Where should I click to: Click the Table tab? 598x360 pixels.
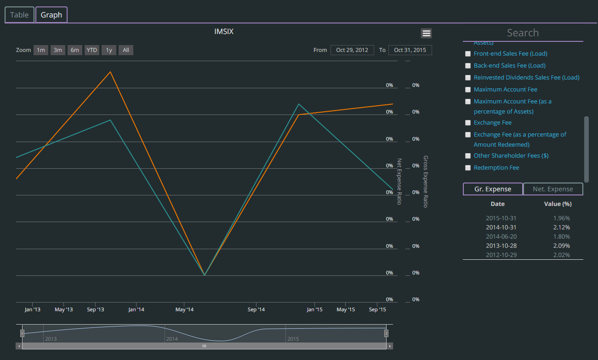(19, 15)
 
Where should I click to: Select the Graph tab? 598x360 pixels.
(51, 15)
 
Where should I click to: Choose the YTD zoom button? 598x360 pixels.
(92, 50)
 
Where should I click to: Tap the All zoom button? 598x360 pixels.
(126, 50)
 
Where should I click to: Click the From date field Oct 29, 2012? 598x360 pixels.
(352, 50)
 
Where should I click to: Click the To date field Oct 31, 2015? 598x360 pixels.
(410, 50)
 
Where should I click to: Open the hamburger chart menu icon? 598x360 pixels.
(426, 33)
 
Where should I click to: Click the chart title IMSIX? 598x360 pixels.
(224, 32)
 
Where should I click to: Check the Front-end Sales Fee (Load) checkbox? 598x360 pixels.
(468, 54)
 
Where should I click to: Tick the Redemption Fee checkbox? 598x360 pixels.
(468, 168)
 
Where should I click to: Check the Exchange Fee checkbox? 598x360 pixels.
(468, 123)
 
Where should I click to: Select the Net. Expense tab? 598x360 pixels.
(553, 189)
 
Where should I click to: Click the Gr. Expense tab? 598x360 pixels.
(493, 189)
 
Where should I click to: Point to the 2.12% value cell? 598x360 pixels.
(561, 227)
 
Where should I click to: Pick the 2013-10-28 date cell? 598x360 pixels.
(497, 246)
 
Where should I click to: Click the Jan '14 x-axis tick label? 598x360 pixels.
(136, 309)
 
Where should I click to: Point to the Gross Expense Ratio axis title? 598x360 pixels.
(426, 181)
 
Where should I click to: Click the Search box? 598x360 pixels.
(523, 33)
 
